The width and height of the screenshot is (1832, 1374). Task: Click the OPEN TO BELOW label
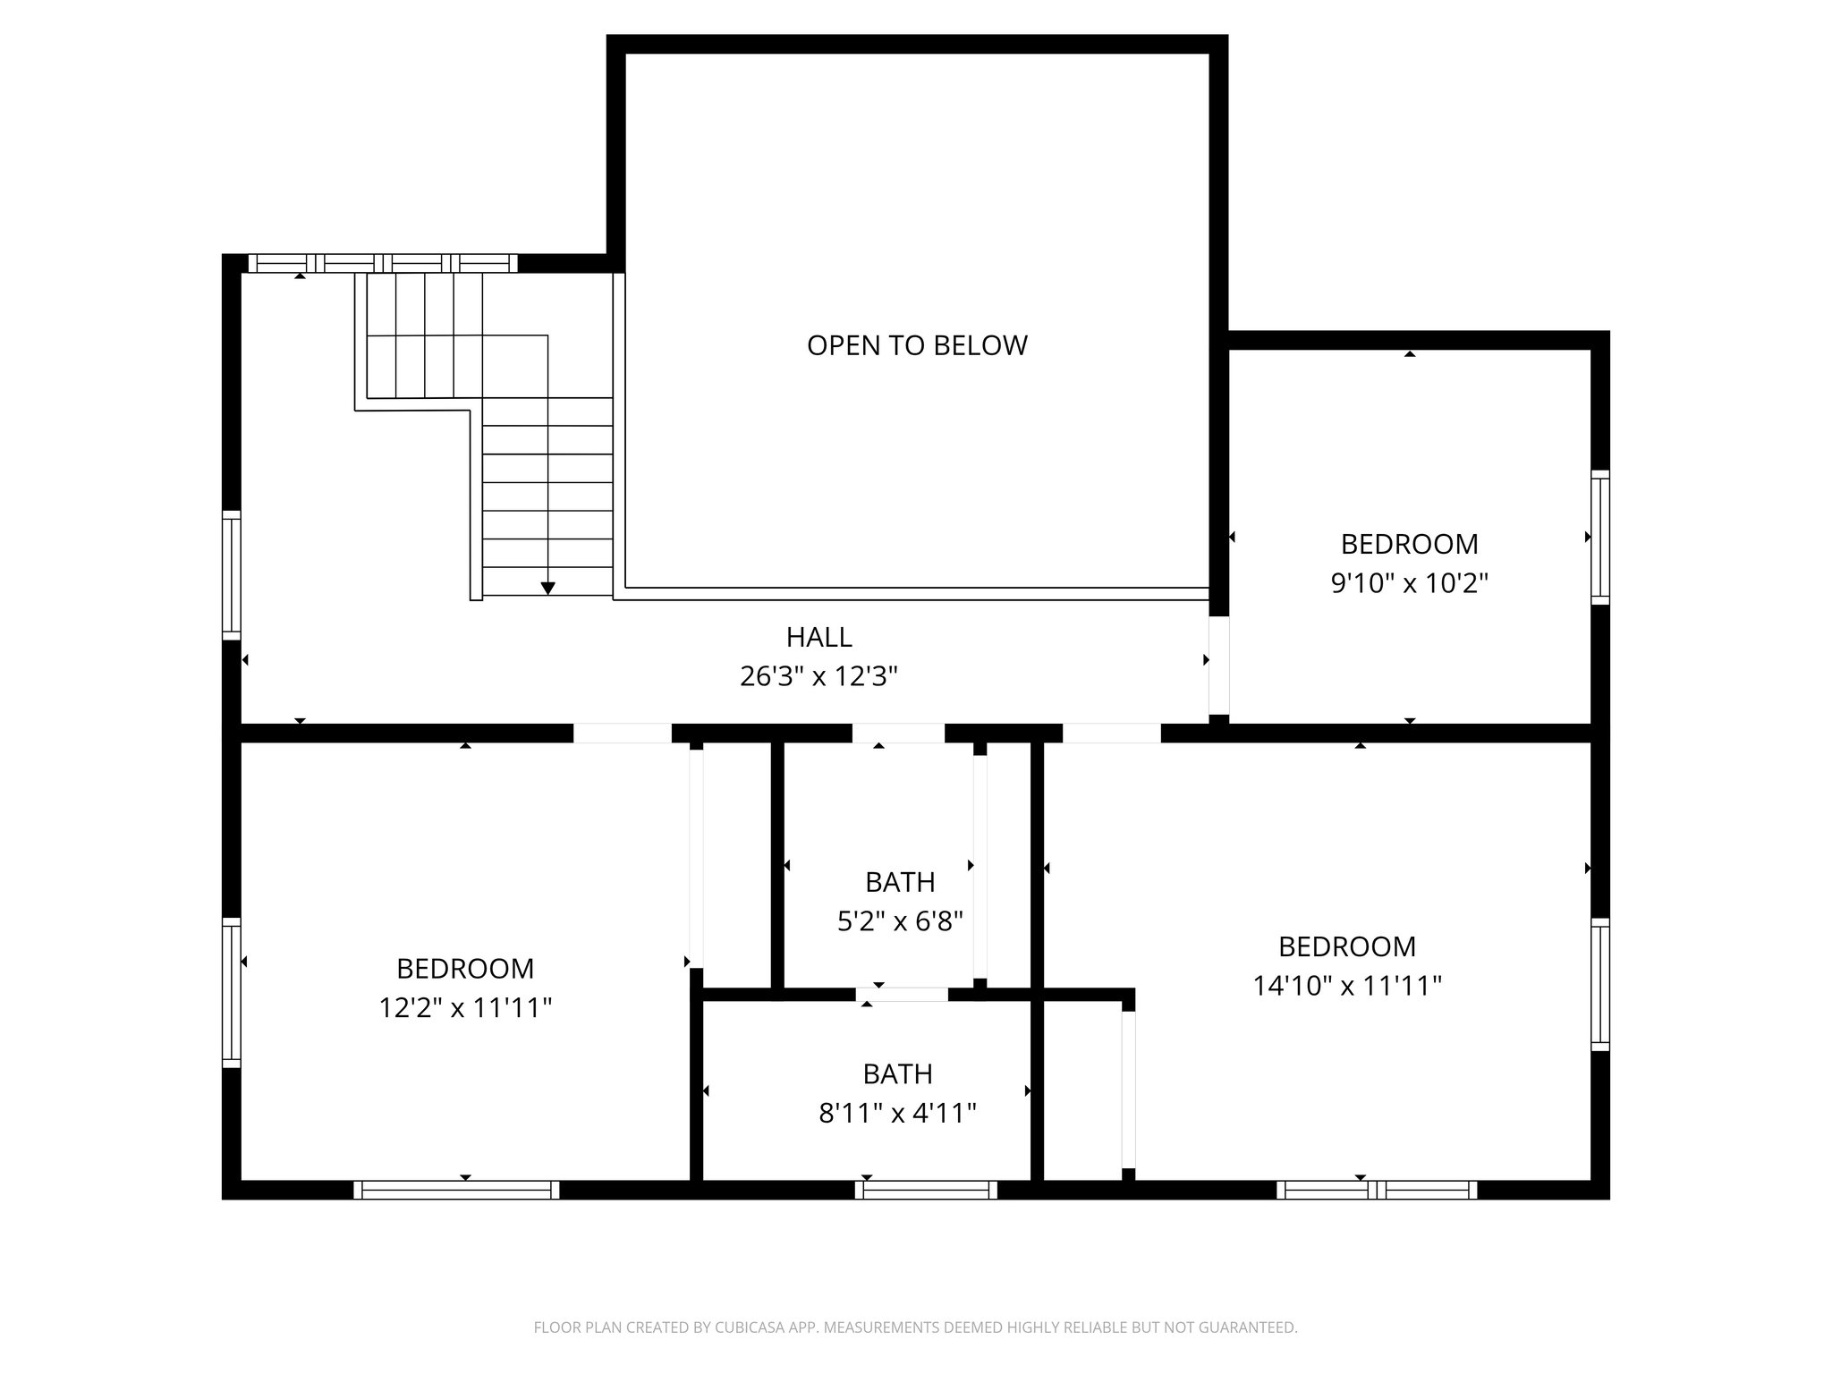pyautogui.click(x=917, y=345)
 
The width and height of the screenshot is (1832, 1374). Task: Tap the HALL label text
pyautogui.click(x=818, y=637)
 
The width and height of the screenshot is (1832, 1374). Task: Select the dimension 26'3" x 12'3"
pyautogui.click(x=818, y=676)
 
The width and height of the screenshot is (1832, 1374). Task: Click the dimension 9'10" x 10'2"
pyautogui.click(x=1409, y=583)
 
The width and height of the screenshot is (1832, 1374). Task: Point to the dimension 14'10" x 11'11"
pyautogui.click(x=1346, y=986)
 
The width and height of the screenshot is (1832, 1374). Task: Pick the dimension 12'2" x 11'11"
pyautogui.click(x=464, y=1008)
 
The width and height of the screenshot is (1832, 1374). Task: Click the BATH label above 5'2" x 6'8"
pyautogui.click(x=900, y=882)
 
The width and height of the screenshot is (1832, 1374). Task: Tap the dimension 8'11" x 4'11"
pyautogui.click(x=897, y=1113)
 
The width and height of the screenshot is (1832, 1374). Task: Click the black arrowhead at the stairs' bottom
pyautogui.click(x=547, y=588)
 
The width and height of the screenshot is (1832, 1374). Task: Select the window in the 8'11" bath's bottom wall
pyautogui.click(x=926, y=1190)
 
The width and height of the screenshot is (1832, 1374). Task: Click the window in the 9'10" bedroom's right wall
pyautogui.click(x=1599, y=537)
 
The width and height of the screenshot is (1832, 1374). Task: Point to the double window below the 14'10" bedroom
pyautogui.click(x=1377, y=1190)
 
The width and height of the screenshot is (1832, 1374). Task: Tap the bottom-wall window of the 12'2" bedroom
pyautogui.click(x=456, y=1190)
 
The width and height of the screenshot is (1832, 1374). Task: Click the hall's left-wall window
pyautogui.click(x=232, y=575)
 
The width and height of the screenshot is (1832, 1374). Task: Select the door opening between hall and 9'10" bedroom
pyautogui.click(x=1218, y=665)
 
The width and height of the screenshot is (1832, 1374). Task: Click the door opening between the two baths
pyautogui.click(x=902, y=994)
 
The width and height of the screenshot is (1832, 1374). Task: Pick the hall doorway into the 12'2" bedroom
pyautogui.click(x=622, y=733)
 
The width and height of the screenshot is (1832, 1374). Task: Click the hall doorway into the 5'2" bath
pyautogui.click(x=897, y=733)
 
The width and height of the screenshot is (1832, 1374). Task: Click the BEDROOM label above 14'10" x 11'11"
pyautogui.click(x=1346, y=946)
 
